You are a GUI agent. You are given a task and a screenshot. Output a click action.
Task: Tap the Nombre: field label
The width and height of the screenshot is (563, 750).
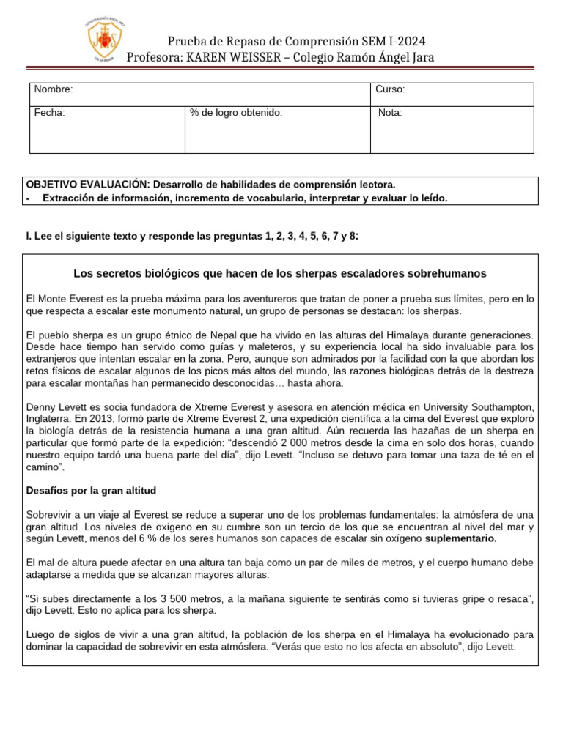point(54,89)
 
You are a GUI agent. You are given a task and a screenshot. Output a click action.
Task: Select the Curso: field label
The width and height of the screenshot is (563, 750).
point(390,89)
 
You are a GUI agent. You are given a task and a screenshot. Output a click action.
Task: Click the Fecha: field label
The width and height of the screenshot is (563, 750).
point(50,113)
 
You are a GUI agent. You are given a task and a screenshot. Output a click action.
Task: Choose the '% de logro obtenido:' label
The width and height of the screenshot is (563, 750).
point(235,113)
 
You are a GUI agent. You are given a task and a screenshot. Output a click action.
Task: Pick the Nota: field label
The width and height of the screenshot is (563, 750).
point(390,113)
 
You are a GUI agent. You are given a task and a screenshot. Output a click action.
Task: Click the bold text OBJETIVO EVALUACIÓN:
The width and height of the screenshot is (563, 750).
point(87,185)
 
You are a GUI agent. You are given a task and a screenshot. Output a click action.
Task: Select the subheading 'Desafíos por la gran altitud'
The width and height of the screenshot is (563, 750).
point(91,490)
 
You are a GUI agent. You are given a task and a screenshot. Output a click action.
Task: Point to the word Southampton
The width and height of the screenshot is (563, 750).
point(494,406)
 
